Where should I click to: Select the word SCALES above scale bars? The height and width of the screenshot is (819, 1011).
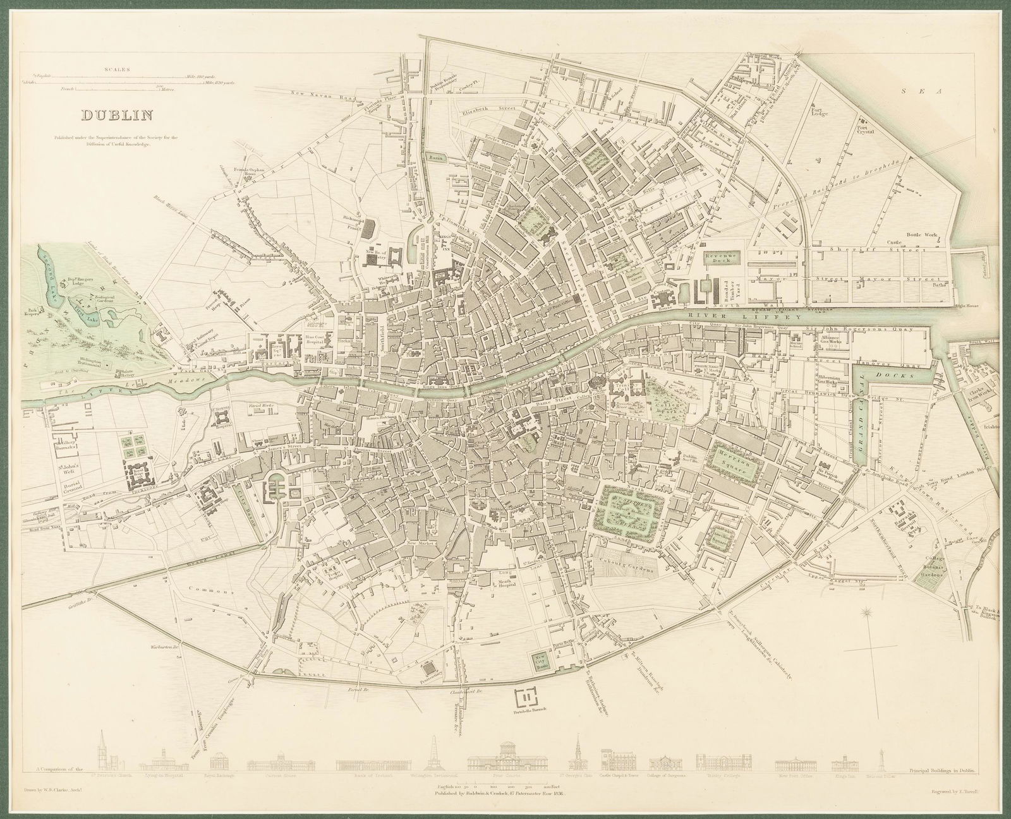pyautogui.click(x=118, y=70)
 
